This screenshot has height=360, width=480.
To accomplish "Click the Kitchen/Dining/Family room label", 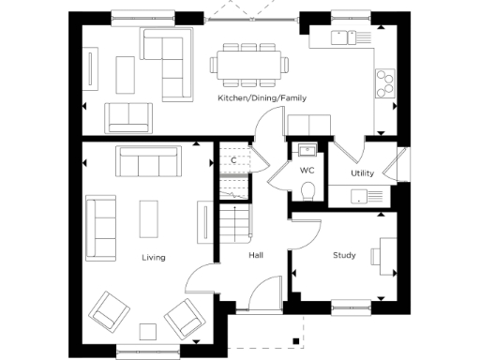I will (x=262, y=97).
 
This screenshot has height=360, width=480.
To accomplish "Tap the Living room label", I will (x=154, y=257).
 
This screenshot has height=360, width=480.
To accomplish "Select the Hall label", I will (x=256, y=256).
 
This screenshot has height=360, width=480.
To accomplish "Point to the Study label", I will (x=344, y=255).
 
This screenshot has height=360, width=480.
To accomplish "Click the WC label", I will (x=307, y=172).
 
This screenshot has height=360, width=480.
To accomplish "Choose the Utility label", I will (x=363, y=174).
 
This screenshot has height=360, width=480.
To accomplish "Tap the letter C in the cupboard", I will (x=233, y=160).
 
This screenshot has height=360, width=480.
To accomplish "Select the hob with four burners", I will (x=384, y=82).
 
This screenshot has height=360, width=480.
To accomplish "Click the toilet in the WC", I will (x=307, y=191).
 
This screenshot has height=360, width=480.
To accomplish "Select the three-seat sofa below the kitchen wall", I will (x=148, y=163).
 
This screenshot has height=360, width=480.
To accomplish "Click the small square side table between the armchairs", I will (x=148, y=329).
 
